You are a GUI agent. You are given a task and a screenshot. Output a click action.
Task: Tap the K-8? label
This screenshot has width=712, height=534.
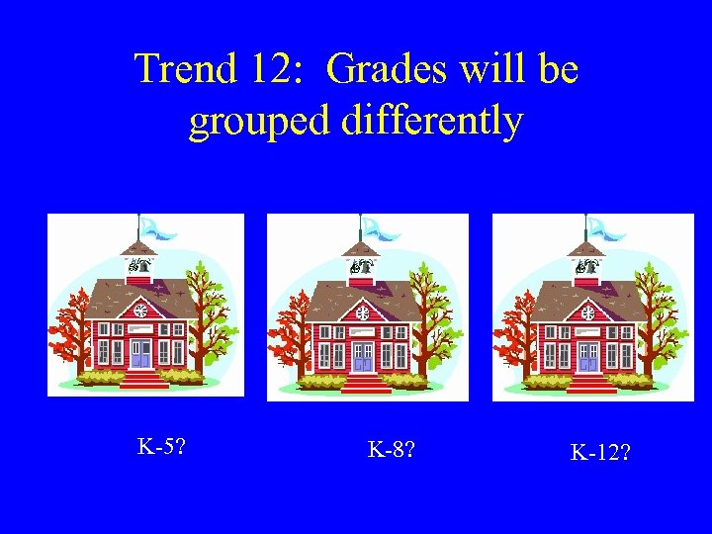391,450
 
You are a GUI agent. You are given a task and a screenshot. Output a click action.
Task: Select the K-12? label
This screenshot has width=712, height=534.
601,454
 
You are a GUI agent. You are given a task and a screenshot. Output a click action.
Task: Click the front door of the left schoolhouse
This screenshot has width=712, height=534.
140,354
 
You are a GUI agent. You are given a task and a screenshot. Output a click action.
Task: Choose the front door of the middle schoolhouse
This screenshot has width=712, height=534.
363,356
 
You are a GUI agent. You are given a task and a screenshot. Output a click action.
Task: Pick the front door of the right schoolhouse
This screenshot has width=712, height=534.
588,356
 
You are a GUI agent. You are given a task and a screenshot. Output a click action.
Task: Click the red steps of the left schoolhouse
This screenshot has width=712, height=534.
142,380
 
